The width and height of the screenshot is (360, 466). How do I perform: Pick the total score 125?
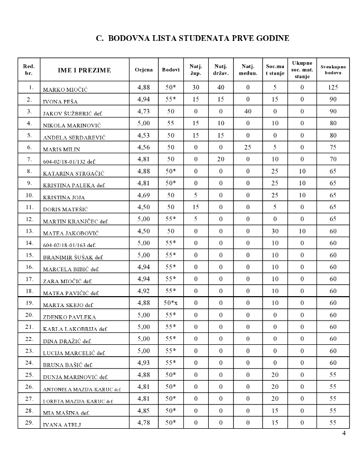[333, 87]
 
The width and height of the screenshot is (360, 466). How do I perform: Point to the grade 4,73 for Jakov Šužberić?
[143, 111]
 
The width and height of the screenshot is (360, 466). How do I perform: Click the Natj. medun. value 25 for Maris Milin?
[248, 147]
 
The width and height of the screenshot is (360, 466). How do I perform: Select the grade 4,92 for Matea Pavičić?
[143, 290]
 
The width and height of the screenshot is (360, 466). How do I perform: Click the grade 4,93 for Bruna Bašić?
[143, 362]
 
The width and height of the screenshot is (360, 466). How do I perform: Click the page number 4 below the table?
[344, 433]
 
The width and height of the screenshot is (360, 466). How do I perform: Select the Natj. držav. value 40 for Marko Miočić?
[221, 87]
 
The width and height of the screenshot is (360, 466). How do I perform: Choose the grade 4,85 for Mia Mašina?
[143, 411]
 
